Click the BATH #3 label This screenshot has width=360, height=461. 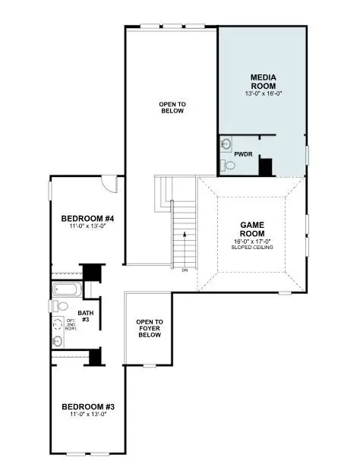point(86,316)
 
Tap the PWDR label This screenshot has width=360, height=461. point(243,153)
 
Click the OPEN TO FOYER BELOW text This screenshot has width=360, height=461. point(149,329)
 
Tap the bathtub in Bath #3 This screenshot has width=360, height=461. point(65,290)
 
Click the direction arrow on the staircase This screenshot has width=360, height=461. point(184,235)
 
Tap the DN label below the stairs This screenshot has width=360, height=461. point(185,270)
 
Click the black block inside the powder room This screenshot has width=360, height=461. point(266,166)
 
